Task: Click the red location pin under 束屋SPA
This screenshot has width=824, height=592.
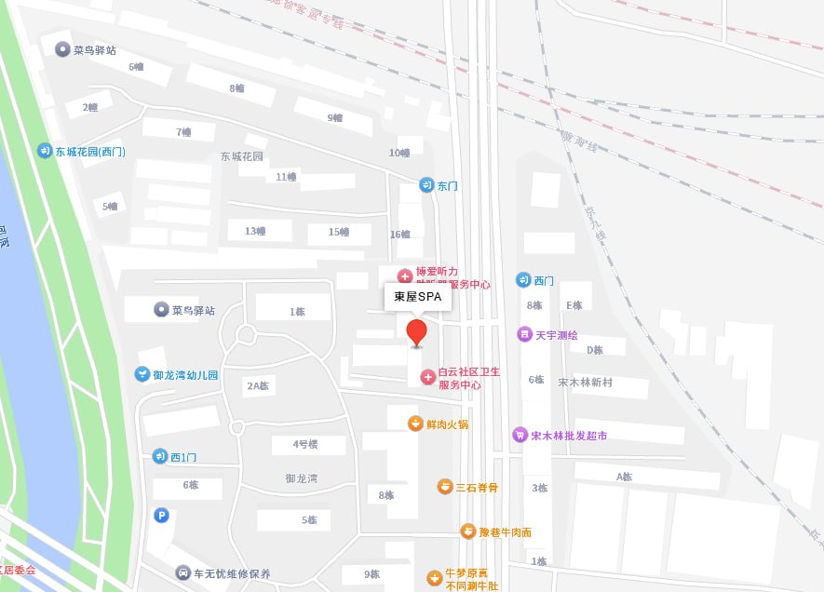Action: pos(417,331)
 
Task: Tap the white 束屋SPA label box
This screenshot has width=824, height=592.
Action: pos(418,298)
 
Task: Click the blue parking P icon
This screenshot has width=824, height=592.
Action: pos(162,515)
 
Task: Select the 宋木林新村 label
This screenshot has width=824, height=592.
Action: pos(591,383)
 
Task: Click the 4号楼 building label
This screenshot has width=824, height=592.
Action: pos(305,444)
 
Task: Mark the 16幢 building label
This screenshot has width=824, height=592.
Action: pos(400,234)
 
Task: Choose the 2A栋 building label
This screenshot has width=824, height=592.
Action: pos(258,385)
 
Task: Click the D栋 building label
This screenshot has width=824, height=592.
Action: pos(594,350)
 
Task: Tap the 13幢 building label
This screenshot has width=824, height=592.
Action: pos(255,231)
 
